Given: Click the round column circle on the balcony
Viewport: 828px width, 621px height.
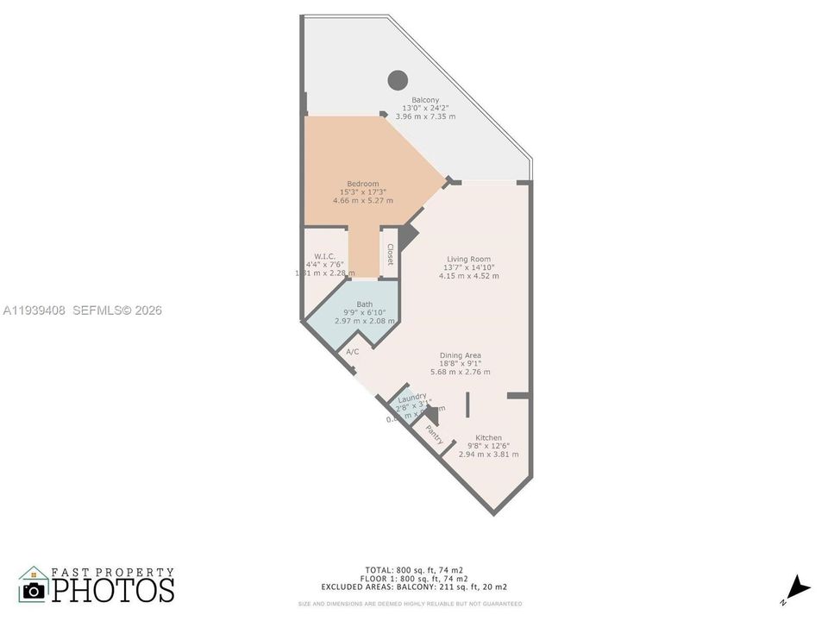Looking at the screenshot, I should tap(397, 80).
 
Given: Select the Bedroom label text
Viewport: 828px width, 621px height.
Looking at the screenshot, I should tap(362, 184).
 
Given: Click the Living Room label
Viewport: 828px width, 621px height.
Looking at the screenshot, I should tap(468, 259).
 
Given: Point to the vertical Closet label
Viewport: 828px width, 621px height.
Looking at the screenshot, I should tap(391, 254).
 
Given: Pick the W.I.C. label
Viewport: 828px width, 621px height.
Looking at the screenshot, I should tap(324, 256).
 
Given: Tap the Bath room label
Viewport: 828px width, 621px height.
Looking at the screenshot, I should tap(365, 304).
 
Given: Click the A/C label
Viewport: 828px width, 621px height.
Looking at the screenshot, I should tap(352, 352).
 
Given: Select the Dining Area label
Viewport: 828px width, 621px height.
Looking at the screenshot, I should tap(461, 355).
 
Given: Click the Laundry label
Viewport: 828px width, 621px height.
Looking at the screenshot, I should tap(412, 397).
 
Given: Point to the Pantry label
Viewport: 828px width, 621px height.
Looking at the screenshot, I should tap(434, 435).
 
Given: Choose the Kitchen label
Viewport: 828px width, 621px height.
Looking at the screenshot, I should tap(488, 438).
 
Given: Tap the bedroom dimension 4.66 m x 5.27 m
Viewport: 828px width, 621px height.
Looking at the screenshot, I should tap(362, 200).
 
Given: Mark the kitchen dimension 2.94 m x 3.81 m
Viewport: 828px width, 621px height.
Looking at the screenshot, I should tap(488, 454).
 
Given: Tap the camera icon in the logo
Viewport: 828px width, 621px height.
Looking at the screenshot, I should tap(34, 590).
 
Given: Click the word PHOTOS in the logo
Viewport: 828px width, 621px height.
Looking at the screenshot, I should tap(112, 589).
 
